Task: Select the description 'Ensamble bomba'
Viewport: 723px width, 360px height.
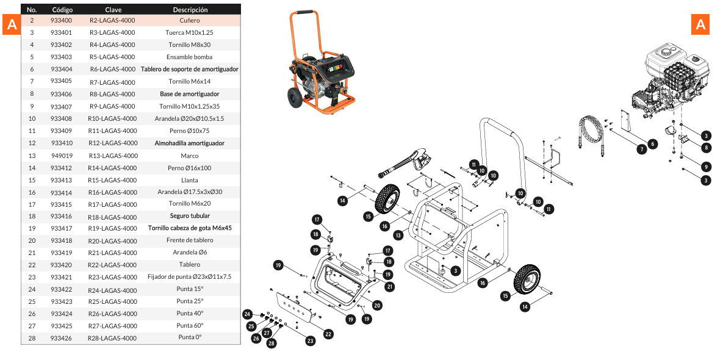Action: coord(189,57)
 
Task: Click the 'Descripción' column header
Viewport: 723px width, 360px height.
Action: coord(190,10)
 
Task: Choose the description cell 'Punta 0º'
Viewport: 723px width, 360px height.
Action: coord(189,337)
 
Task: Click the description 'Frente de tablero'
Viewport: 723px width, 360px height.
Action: coord(189,240)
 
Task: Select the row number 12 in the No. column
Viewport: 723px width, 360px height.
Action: coord(32,143)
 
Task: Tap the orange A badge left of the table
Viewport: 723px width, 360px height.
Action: coord(12,26)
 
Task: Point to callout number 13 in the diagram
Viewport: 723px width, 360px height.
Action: coord(398,234)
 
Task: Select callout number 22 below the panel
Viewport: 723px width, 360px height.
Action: coord(328,334)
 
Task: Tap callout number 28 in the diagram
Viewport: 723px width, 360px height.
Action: coord(272,344)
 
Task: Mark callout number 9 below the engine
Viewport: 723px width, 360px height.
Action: coord(705,167)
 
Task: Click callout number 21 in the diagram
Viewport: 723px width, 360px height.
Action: coord(389,286)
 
